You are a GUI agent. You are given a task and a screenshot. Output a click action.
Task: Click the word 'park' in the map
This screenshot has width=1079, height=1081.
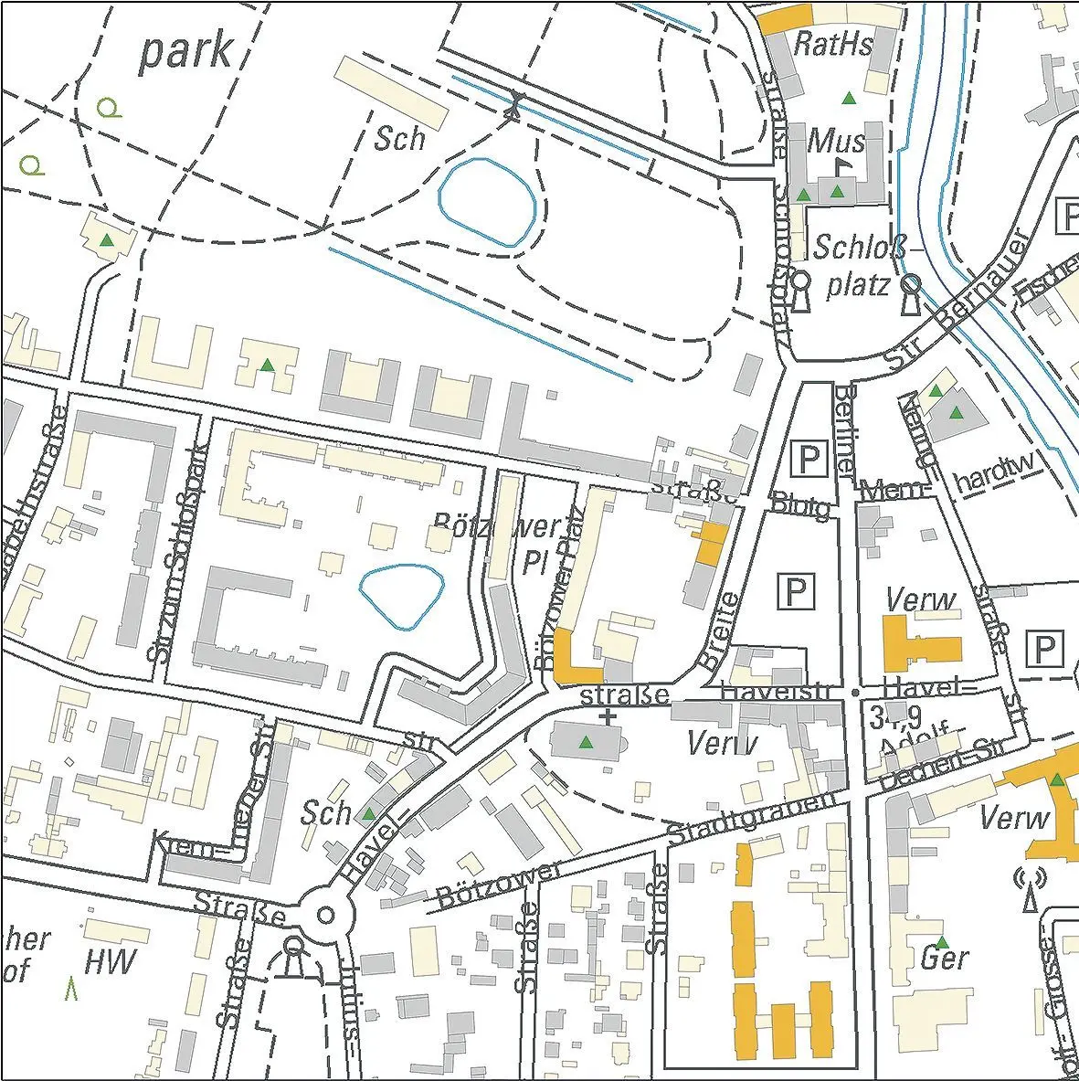click(185, 52)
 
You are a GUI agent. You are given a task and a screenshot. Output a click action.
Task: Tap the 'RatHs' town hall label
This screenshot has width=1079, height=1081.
click(832, 43)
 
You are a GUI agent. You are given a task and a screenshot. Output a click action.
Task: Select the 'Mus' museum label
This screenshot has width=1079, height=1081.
click(837, 141)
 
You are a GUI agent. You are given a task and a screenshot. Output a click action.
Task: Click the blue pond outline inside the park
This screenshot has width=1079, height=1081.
click(486, 202)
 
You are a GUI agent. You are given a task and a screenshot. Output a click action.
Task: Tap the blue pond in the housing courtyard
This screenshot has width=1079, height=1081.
click(402, 596)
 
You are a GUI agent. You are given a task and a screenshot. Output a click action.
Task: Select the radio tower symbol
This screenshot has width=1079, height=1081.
click(1029, 889)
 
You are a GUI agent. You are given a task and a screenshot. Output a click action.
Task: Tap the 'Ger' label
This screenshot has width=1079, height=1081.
click(944, 959)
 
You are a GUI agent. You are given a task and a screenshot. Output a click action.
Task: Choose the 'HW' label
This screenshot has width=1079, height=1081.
click(110, 961)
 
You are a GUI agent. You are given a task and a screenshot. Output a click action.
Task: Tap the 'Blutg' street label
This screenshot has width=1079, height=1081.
click(801, 505)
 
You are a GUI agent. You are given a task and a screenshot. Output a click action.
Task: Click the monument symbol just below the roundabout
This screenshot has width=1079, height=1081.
click(293, 955)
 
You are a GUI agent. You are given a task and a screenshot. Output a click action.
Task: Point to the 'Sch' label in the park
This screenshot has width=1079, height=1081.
click(399, 139)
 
